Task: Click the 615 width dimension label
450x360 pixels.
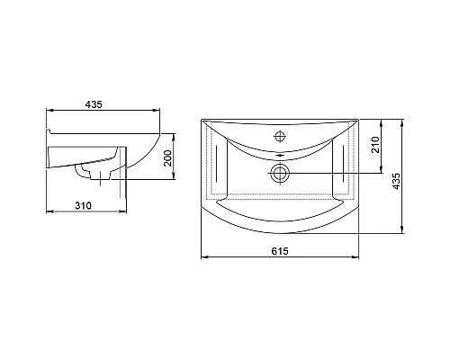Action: point(280,251)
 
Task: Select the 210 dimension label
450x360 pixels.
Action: point(375,145)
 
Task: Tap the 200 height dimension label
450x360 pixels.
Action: point(168,158)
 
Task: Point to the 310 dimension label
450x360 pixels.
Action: point(83,206)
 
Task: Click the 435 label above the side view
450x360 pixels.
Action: point(94,104)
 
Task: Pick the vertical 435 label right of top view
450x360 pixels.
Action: point(396,181)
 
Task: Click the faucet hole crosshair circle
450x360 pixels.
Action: point(280,137)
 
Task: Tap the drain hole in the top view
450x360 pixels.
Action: point(280,173)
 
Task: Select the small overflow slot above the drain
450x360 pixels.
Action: point(280,156)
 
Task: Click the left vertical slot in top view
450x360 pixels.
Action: point(217,163)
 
